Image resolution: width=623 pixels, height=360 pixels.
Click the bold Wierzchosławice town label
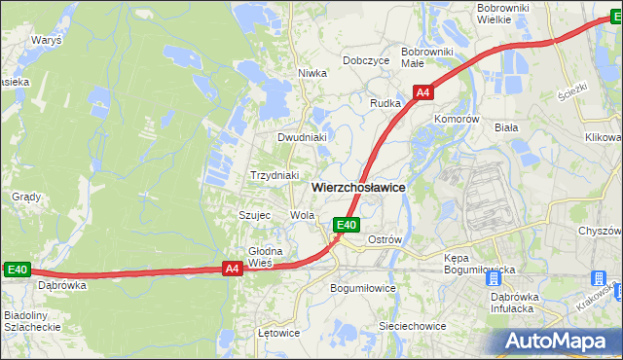pos(358,186)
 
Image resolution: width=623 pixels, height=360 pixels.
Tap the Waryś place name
pos(46,41)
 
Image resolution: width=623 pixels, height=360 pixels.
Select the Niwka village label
pos(311,72)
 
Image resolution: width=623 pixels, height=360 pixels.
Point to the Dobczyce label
pos(366,60)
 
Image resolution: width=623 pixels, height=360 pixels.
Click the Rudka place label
pos(386,102)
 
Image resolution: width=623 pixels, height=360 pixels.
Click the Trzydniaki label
pos(274,175)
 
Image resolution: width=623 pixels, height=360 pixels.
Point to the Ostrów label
pos(385,239)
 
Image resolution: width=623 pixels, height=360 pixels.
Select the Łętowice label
pos(278,332)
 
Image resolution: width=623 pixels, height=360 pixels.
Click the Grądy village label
pos(25,197)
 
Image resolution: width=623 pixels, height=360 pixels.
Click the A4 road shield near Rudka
pos(422,92)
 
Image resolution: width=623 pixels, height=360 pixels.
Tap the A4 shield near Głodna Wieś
pos(232,269)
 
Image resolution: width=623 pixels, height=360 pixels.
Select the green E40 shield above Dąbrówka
pos(18,270)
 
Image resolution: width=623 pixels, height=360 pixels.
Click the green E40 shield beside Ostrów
pos(347,225)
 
